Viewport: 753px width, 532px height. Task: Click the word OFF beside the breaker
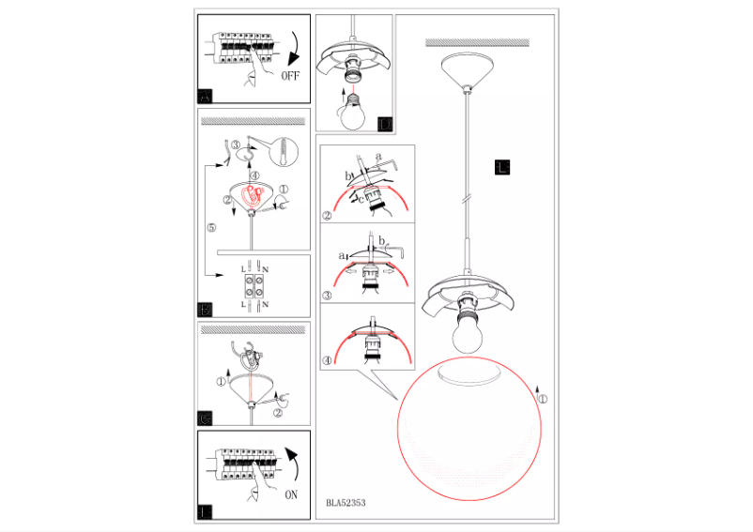click(x=289, y=77)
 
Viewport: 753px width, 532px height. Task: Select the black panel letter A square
click(x=207, y=95)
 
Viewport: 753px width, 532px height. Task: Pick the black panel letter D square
click(x=384, y=124)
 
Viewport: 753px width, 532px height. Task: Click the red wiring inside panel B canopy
click(x=252, y=196)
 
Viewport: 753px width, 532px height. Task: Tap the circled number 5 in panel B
click(x=211, y=227)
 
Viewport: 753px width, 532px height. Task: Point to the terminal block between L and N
click(x=253, y=286)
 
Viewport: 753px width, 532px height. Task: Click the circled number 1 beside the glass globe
click(x=541, y=399)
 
